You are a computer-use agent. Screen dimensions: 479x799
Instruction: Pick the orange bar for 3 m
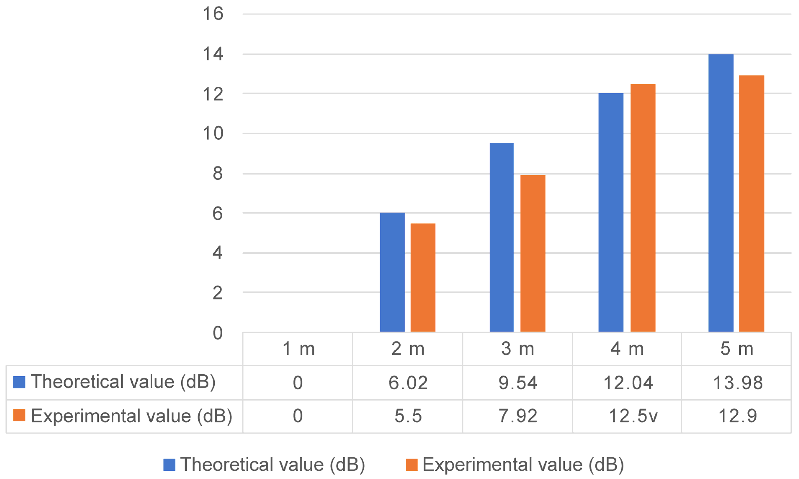coord(533,253)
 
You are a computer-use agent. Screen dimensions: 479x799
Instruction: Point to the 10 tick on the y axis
coord(213,133)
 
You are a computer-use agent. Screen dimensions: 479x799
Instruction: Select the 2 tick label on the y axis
coord(217,293)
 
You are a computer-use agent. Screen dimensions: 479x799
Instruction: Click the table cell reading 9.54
coord(518,383)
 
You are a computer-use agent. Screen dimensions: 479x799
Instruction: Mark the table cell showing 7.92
coord(518,416)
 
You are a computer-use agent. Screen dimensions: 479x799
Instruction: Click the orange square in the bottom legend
coord(412,465)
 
